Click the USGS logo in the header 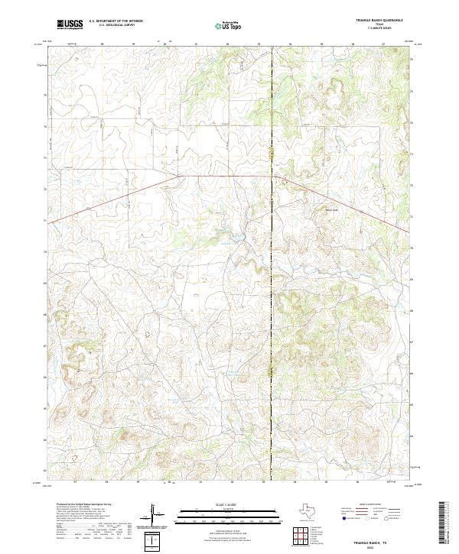[x=70, y=24]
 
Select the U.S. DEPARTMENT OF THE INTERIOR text [x=116, y=21]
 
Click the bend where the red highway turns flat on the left [x=181, y=175]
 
